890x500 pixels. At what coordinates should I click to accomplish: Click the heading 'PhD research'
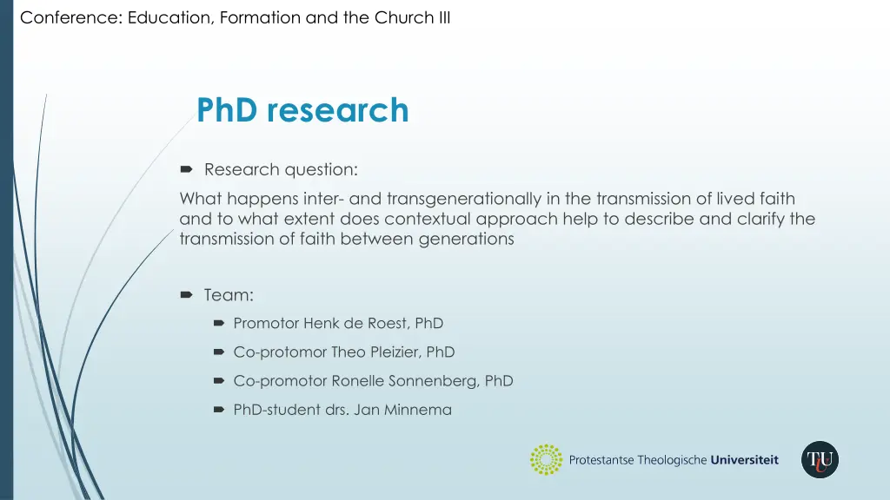point(302,110)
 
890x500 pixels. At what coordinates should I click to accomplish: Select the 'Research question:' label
point(281,169)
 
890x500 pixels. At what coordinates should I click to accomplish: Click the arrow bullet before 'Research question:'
point(186,169)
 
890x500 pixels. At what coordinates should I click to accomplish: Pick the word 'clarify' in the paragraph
point(761,219)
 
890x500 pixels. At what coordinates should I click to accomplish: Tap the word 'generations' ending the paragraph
point(468,239)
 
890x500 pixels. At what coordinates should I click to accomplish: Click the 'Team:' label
point(229,295)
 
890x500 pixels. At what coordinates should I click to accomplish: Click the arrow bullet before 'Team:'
point(186,295)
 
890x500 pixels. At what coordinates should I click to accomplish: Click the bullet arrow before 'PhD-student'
point(219,410)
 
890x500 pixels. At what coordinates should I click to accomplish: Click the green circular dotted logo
point(546,460)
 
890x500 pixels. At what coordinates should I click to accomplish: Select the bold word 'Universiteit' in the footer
point(745,460)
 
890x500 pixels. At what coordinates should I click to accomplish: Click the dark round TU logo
point(820,460)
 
